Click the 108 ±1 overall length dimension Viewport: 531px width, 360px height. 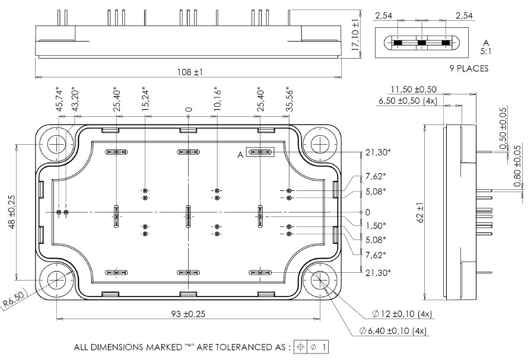pyautogui.click(x=190, y=72)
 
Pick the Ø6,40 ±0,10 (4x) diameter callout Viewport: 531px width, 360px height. pyautogui.click(x=393, y=331)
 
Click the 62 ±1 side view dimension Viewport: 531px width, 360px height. pyautogui.click(x=419, y=212)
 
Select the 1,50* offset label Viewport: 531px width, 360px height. pyautogui.click(x=375, y=225)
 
